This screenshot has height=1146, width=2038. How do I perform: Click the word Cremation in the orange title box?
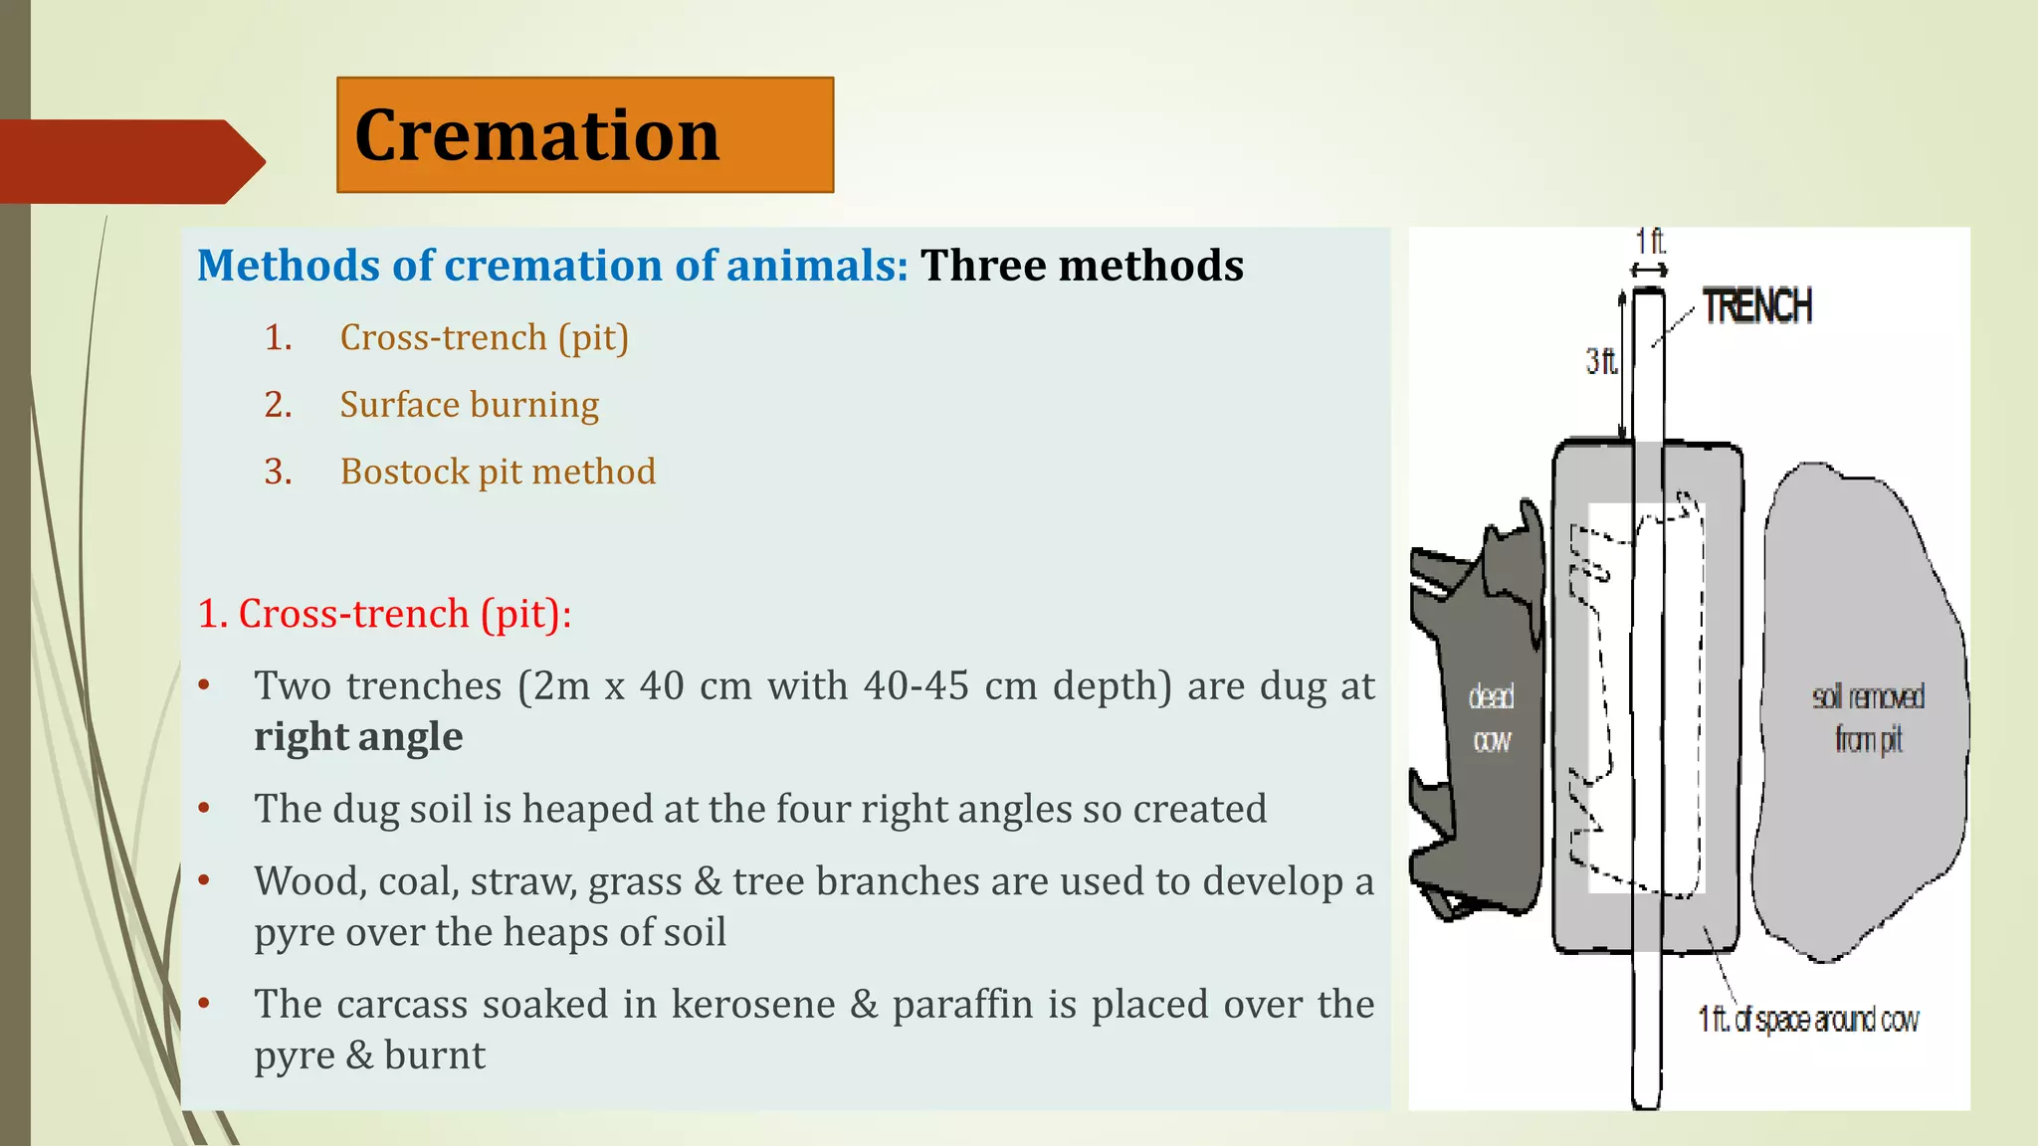pos(536,135)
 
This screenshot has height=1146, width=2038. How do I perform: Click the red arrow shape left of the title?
pos(129,161)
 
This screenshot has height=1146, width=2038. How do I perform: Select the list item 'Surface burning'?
pos(469,405)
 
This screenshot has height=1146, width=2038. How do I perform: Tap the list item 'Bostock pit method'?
pos(498,472)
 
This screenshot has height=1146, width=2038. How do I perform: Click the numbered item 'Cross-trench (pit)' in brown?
pos(484,338)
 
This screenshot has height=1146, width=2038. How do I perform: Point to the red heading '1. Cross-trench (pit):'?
pos(384,614)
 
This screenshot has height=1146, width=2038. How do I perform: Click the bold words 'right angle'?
pos(358,737)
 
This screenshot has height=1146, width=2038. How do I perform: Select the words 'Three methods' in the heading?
pos(1082,266)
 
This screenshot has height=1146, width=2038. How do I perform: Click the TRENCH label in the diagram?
pos(1756,306)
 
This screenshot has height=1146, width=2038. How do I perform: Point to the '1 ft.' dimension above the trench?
pos(1649,242)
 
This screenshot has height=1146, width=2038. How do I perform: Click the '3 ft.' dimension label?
pos(1600,361)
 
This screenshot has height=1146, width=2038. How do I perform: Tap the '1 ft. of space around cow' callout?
pos(1807,1020)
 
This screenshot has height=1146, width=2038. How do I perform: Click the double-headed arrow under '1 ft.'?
pos(1649,270)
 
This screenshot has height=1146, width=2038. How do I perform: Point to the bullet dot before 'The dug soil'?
pos(204,808)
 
